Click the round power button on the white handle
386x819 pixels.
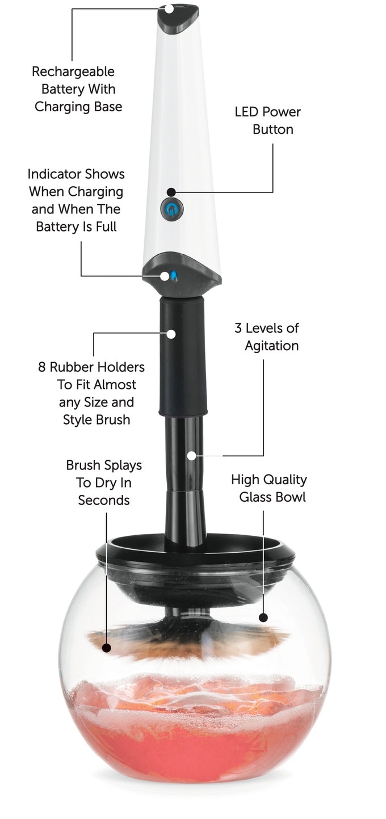click(172, 209)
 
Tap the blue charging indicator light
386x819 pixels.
click(174, 275)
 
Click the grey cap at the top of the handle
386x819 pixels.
click(178, 18)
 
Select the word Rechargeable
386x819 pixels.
click(73, 72)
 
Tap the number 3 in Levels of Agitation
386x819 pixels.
click(238, 328)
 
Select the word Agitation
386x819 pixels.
click(271, 346)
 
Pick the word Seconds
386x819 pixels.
click(104, 500)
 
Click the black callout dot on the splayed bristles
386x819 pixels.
click(106, 648)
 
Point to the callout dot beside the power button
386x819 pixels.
click(171, 192)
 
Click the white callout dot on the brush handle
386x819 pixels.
click(191, 456)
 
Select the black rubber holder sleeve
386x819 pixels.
click(183, 356)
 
